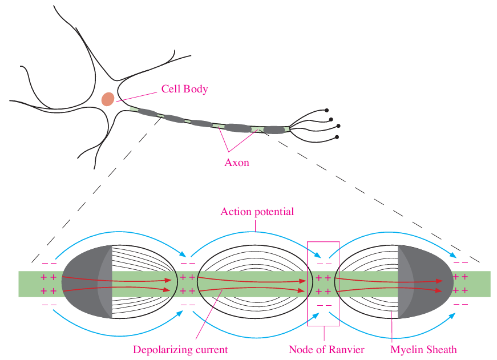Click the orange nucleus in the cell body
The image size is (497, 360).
pyautogui.click(x=108, y=99)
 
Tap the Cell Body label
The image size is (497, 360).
pyautogui.click(x=184, y=89)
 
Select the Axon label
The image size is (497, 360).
pyautogui.click(x=237, y=163)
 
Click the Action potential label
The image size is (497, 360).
pyautogui.click(x=257, y=212)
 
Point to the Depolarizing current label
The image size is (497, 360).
pyautogui.click(x=180, y=349)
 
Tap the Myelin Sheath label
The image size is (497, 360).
pyautogui.click(x=423, y=349)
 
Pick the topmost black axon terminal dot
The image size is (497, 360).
pyautogui.click(x=327, y=110)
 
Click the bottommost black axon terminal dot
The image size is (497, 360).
pyautogui.click(x=337, y=137)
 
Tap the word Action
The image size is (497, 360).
pyautogui.click(x=235, y=212)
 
